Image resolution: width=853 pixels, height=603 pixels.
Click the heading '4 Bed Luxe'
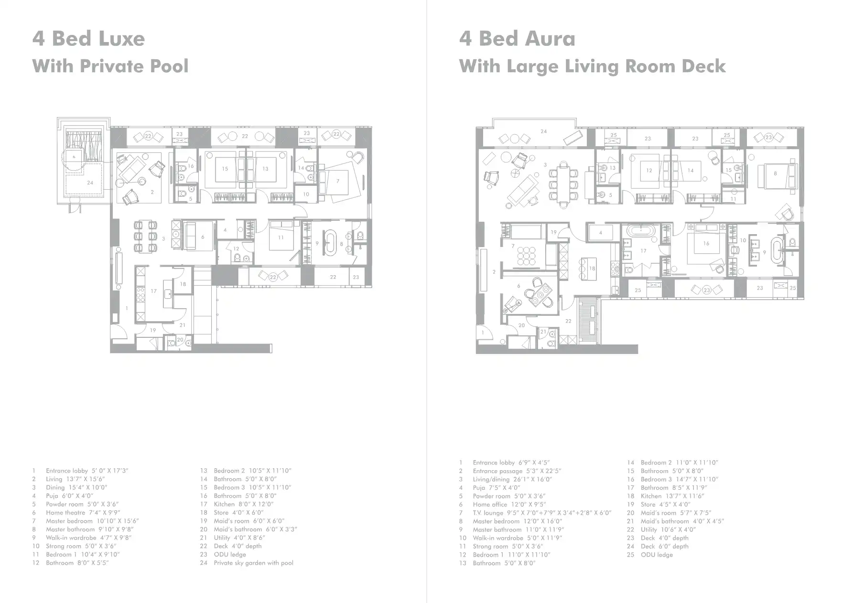click(x=88, y=39)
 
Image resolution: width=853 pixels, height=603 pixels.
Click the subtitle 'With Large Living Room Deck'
click(x=592, y=66)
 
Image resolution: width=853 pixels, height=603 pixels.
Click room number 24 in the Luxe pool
click(x=90, y=183)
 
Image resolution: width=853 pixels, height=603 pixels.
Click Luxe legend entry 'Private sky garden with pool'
click(x=253, y=563)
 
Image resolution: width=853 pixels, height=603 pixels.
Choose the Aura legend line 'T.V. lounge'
click(x=542, y=513)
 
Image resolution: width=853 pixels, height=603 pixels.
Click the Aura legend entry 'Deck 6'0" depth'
click(x=664, y=546)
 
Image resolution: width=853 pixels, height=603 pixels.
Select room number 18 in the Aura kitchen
click(x=592, y=269)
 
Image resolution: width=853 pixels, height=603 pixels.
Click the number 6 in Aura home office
click(x=518, y=286)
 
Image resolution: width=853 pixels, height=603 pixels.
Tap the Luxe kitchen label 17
click(x=153, y=291)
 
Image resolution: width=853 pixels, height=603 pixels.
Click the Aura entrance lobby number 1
click(x=483, y=333)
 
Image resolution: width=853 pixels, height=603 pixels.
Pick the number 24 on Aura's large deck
click(x=543, y=131)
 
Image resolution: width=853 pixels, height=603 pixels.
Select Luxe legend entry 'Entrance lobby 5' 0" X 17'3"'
click(x=87, y=471)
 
